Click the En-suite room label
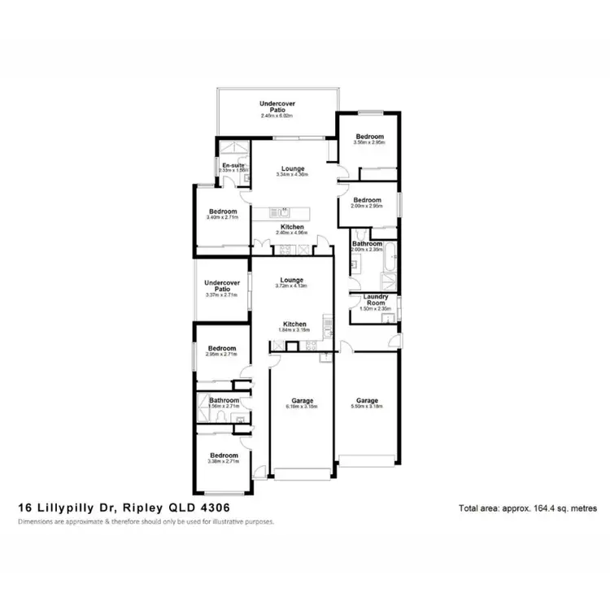tap(233, 165)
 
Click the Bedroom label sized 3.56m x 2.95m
tap(368, 137)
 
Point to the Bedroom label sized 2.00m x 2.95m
tap(368, 199)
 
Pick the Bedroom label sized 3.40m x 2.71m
tap(222, 211)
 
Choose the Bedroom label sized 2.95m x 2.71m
tap(222, 347)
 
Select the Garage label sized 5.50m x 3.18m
tap(368, 400)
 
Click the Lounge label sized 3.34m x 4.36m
tap(293, 168)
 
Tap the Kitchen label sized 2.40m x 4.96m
tap(293, 226)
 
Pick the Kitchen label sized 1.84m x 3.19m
tap(294, 324)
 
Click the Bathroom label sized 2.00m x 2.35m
tap(368, 243)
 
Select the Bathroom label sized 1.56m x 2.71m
tap(223, 400)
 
